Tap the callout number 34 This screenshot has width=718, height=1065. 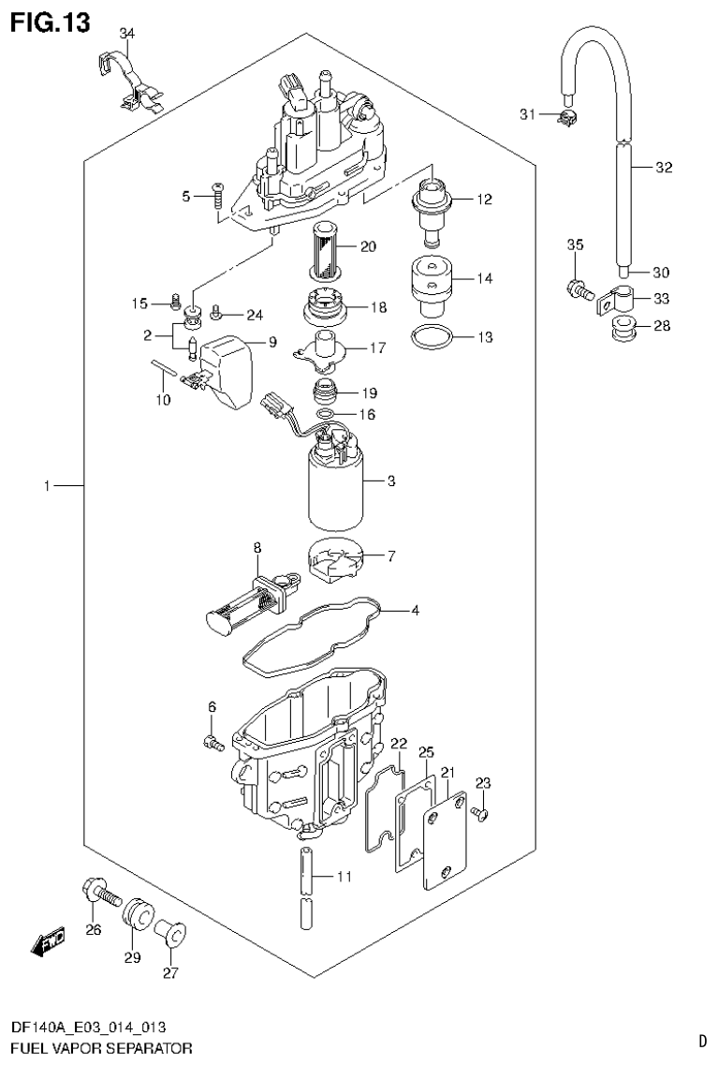(x=127, y=35)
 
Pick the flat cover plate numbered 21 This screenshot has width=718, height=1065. (x=446, y=838)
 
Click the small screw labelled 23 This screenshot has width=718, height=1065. (x=479, y=813)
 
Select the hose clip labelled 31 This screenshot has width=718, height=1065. (x=564, y=116)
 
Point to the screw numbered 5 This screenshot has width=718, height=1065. (x=216, y=196)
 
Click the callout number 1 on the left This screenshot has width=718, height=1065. (x=46, y=487)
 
